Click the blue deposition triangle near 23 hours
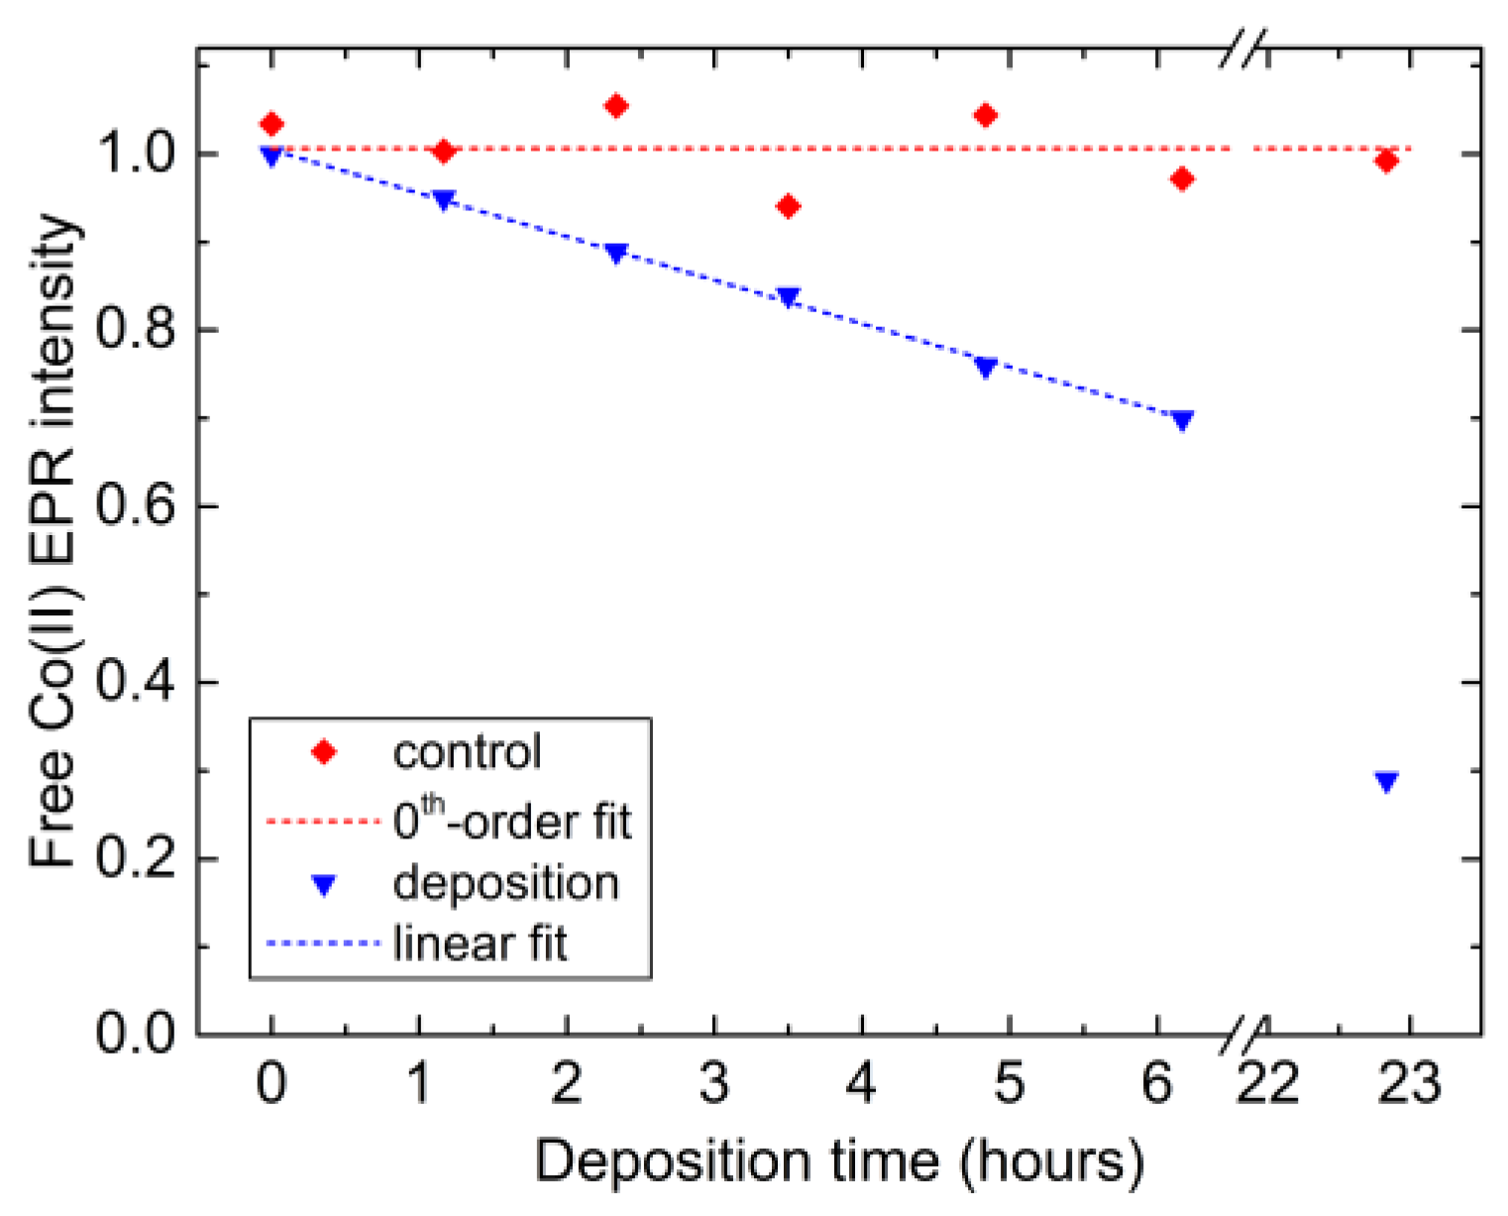(1386, 782)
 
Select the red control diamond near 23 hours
(1386, 161)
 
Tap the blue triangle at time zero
(271, 156)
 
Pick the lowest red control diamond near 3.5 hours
(788, 206)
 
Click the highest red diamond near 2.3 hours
(615, 106)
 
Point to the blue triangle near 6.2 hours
(1181, 420)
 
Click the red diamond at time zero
(271, 124)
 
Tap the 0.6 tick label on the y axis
(136, 506)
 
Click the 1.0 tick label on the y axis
(136, 155)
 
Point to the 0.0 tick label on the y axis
(136, 1034)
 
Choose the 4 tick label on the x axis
(861, 1082)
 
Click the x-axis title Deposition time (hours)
(839, 1161)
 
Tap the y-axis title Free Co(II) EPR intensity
(54, 540)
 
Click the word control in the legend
(467, 752)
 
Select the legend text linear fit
(480, 942)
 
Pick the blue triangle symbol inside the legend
(324, 885)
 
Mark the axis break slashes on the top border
(1242, 49)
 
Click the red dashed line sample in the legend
(324, 822)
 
